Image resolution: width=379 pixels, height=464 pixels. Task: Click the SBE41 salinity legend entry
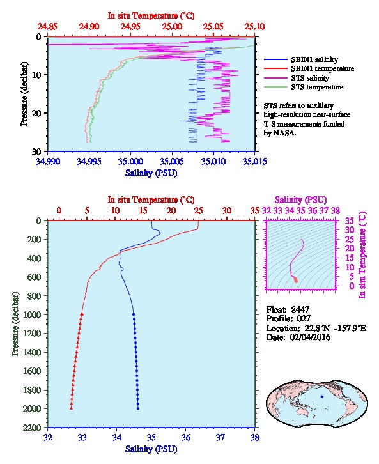click(301, 59)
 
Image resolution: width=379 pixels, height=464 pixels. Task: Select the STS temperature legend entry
click(304, 87)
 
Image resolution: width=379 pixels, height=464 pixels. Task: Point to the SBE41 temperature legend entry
click(309, 68)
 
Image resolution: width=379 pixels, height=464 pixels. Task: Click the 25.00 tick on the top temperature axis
click(172, 27)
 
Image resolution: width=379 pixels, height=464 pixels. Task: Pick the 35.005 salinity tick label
click(172, 161)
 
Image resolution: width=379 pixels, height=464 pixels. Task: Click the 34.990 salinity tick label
click(48, 161)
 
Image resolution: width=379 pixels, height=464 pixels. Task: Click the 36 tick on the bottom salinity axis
click(186, 437)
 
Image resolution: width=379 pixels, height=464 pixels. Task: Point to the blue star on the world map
click(322, 396)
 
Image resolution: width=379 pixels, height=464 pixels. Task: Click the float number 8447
click(300, 309)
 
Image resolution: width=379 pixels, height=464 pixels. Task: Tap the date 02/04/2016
click(310, 337)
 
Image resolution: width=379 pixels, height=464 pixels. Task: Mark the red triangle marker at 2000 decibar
click(72, 408)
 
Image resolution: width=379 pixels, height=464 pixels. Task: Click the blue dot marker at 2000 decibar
click(138, 408)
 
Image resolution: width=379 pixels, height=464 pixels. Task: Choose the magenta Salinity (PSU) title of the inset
click(300, 200)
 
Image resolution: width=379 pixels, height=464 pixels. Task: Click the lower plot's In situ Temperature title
click(151, 200)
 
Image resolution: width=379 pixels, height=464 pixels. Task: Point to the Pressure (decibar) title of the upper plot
click(24, 94)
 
